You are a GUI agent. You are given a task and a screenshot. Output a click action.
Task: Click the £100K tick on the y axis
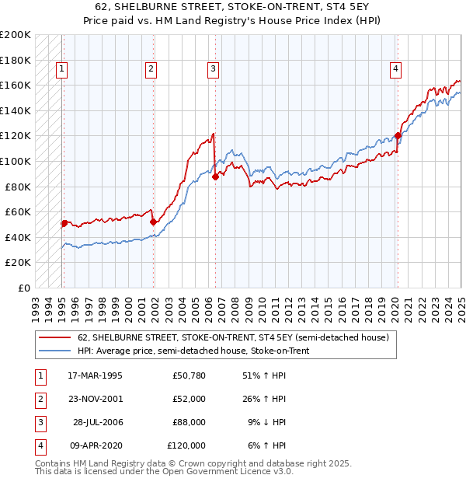(16, 161)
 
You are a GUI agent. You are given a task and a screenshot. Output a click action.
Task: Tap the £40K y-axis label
(19, 237)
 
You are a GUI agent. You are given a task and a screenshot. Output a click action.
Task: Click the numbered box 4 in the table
(40, 445)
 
